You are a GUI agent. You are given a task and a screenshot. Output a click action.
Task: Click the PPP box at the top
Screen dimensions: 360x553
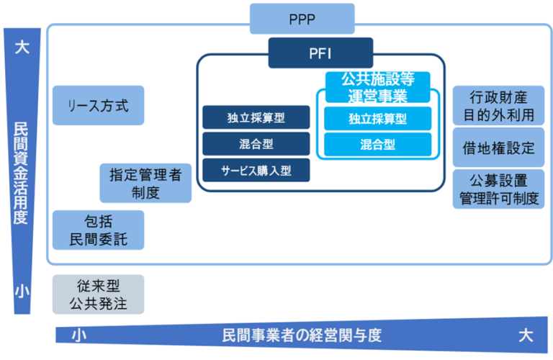click(x=302, y=18)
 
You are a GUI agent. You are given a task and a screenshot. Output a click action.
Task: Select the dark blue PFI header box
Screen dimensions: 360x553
click(x=320, y=53)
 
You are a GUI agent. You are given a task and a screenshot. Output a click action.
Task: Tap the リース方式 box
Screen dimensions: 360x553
click(x=98, y=105)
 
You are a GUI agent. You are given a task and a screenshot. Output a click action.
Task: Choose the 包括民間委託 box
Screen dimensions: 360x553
click(x=98, y=230)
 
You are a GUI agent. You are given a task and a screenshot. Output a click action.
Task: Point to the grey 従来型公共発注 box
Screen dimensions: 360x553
click(x=98, y=294)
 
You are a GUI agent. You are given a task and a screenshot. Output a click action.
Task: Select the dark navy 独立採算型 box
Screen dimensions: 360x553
click(x=256, y=117)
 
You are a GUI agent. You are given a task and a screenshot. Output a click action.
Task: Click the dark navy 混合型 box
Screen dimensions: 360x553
click(x=256, y=143)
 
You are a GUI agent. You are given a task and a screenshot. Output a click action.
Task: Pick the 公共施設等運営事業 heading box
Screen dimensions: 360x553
click(x=377, y=86)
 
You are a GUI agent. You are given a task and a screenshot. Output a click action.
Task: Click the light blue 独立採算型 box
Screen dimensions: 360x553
click(x=377, y=118)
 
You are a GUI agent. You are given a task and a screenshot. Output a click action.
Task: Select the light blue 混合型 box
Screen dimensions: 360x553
click(x=377, y=144)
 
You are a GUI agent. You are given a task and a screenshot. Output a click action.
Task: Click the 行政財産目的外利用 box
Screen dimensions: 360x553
click(x=498, y=105)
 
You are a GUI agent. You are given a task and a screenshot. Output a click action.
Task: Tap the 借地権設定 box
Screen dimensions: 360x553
click(x=498, y=148)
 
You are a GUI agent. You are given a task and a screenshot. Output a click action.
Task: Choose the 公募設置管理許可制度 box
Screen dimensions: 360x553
click(x=498, y=189)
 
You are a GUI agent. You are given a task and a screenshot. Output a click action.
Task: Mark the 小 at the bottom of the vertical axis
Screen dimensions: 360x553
click(x=22, y=290)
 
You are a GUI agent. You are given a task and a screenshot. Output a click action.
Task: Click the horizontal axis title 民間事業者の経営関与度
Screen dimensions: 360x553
click(x=301, y=336)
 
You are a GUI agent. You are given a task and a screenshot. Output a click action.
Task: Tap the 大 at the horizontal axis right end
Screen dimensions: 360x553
click(x=526, y=336)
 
